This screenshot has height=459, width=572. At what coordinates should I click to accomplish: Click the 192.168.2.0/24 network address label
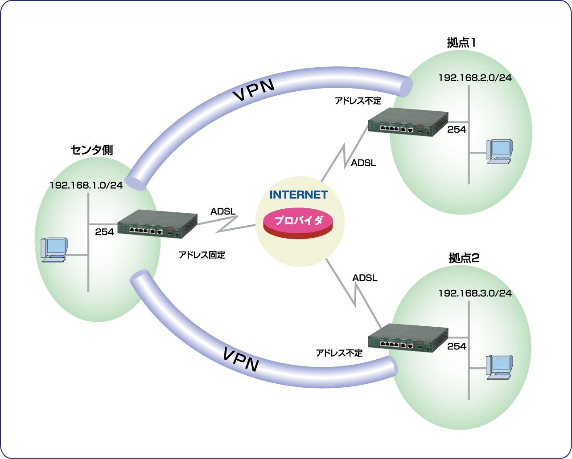click(475, 78)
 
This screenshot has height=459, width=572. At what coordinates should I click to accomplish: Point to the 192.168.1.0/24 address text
click(86, 185)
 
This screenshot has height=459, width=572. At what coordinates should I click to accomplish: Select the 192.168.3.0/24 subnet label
click(475, 293)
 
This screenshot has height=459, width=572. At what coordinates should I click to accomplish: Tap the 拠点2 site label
click(464, 258)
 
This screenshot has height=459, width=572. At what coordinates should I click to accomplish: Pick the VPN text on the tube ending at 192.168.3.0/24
click(240, 359)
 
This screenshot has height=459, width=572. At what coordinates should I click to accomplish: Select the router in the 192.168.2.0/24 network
click(408, 122)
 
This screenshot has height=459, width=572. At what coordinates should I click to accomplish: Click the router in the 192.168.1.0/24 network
click(157, 223)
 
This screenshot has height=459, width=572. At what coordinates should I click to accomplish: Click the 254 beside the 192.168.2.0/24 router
click(457, 130)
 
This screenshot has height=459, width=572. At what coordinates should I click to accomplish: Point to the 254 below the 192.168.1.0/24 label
click(104, 232)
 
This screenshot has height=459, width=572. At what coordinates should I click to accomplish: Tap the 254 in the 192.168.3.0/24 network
click(457, 346)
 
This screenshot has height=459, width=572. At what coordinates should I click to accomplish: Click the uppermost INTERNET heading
click(299, 195)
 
